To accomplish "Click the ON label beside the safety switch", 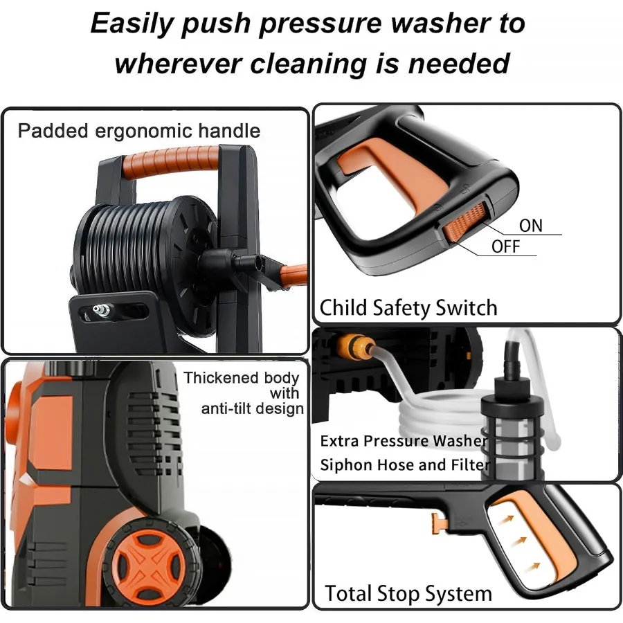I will pos(531,226).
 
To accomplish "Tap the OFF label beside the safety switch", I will pos(506,246).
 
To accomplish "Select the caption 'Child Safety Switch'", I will pos(408,307).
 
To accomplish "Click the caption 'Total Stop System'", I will pos(408,593).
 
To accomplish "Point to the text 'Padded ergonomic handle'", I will pos(139,131).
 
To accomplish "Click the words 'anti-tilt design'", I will pos(253,408).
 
